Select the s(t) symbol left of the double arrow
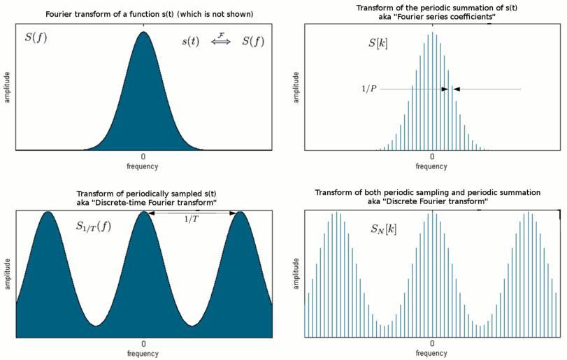tap(191, 41)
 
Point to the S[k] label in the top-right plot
tap(379, 43)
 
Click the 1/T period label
tap(190, 219)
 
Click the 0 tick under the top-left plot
tap(143, 157)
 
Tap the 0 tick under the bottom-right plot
tap(432, 345)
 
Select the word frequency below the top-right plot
tap(431, 166)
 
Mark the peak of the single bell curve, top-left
tap(143, 31)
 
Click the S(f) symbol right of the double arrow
tap(253, 41)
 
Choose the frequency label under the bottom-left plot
tap(143, 354)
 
